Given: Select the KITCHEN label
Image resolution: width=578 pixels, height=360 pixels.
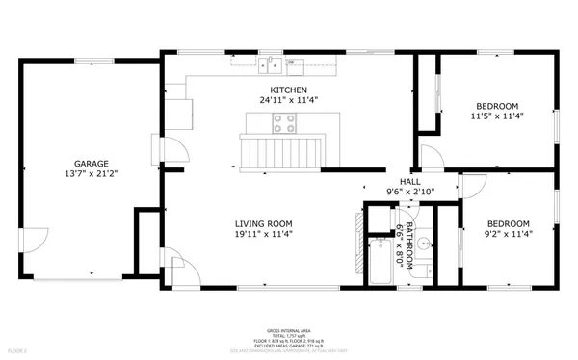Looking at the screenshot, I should tap(288, 89).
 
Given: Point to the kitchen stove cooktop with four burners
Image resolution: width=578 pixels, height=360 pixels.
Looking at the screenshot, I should tap(285, 122).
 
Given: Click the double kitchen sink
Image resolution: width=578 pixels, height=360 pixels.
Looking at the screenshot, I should tap(270, 65).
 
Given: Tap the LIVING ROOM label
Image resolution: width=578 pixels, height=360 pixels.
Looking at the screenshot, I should tap(263, 223).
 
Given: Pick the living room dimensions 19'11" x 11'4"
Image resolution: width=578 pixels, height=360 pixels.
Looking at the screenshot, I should tap(263, 234).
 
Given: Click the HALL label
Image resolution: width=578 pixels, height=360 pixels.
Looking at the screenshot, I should tap(410, 181).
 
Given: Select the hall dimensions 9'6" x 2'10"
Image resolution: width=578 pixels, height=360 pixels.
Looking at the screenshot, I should tap(410, 192).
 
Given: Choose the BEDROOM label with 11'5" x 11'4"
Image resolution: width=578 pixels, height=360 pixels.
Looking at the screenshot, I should tap(496, 106).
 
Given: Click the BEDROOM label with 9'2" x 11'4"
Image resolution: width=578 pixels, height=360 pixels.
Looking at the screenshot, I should tap(507, 223).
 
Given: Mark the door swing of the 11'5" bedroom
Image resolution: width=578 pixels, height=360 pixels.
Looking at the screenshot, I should tap(430, 157).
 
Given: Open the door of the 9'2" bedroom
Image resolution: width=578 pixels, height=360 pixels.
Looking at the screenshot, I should tap(472, 186).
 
